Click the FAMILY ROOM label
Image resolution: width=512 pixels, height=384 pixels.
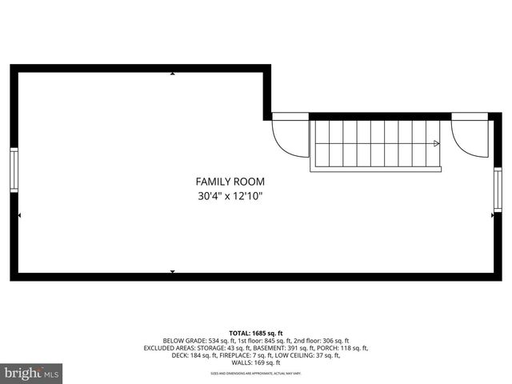[x=230, y=182]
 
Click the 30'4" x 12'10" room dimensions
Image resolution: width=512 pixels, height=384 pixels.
[x=230, y=196]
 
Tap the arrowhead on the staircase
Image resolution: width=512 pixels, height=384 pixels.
[x=436, y=144]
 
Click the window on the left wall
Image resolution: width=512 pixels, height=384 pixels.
[x=13, y=170]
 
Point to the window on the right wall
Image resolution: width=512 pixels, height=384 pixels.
[x=498, y=190]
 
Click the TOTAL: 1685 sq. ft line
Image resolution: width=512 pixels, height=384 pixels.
[x=256, y=333]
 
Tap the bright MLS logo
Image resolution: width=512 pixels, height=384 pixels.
[x=31, y=373]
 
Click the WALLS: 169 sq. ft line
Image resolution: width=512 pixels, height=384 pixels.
[x=256, y=362]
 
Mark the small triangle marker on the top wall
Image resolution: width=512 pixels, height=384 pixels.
[x=173, y=73]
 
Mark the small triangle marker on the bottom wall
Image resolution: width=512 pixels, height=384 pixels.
[x=173, y=272]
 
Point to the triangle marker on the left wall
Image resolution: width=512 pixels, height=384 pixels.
[x=19, y=214]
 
